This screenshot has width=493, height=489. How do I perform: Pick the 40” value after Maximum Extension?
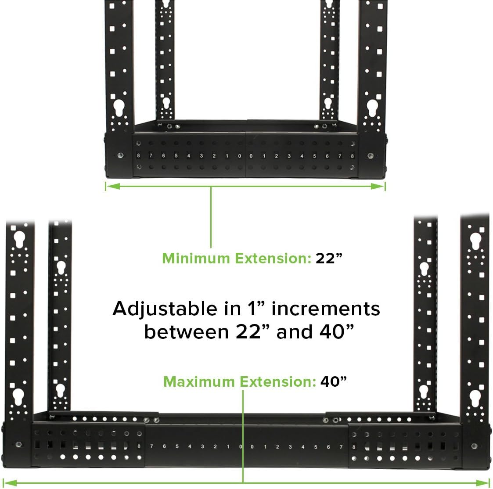pyautogui.click(x=334, y=381)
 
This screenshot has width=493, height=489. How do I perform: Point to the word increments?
pyautogui.click(x=326, y=309)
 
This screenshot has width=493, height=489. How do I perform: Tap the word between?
pyautogui.click(x=184, y=332)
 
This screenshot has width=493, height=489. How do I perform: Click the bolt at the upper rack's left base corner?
pyautogui.click(x=120, y=156)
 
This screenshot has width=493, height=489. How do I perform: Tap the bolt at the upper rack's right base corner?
pyautogui.click(x=371, y=156)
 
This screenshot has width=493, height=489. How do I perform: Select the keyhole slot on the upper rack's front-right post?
pyautogui.click(x=372, y=108)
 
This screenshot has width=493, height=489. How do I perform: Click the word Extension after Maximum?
pyautogui.click(x=277, y=381)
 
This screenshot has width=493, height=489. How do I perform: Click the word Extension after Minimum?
pyautogui.click(x=273, y=258)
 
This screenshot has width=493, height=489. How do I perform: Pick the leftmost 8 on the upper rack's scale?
pyautogui.click(x=138, y=156)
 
